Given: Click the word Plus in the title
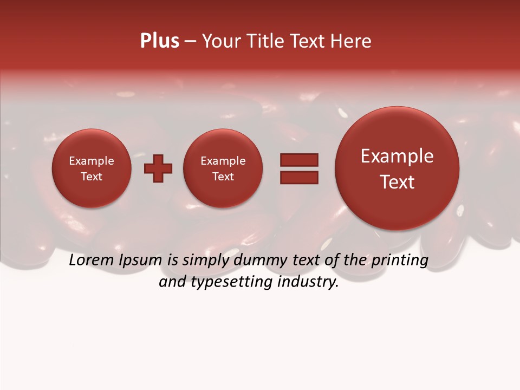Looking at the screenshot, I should (159, 41).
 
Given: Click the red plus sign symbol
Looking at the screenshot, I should (158, 168).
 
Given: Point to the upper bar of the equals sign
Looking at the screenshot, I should (299, 160).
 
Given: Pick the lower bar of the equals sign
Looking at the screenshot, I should (299, 177).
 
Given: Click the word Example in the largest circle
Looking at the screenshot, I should (397, 156).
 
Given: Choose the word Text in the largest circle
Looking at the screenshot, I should (397, 182).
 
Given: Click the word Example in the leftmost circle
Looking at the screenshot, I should (92, 161).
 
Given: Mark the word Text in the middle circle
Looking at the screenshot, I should (223, 177).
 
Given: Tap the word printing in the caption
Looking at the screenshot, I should (400, 261).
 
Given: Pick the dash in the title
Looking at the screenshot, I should (190, 41).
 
